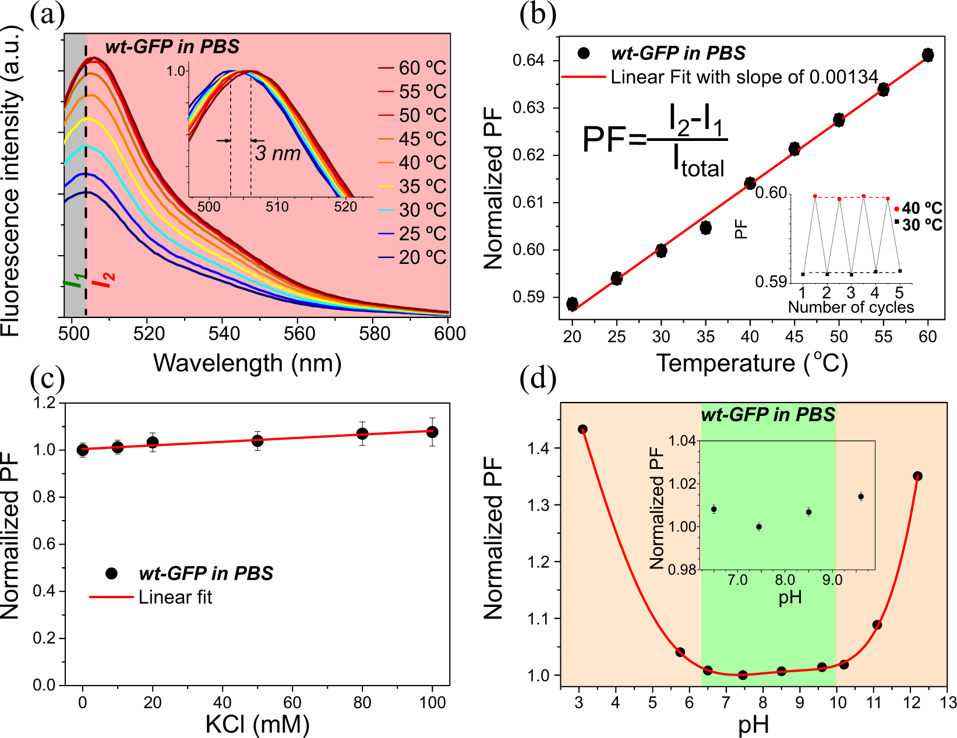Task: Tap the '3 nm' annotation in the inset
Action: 277,153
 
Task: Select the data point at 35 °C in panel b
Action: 705,228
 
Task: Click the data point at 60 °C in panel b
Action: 928,55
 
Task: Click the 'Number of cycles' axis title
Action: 850,307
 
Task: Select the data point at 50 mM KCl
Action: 257,441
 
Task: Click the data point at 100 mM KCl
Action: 432,432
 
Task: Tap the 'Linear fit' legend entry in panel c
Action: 175,597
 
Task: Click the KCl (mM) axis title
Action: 257,724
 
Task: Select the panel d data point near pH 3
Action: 582,429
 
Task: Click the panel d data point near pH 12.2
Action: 917,476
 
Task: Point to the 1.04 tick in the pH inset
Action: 683,441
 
